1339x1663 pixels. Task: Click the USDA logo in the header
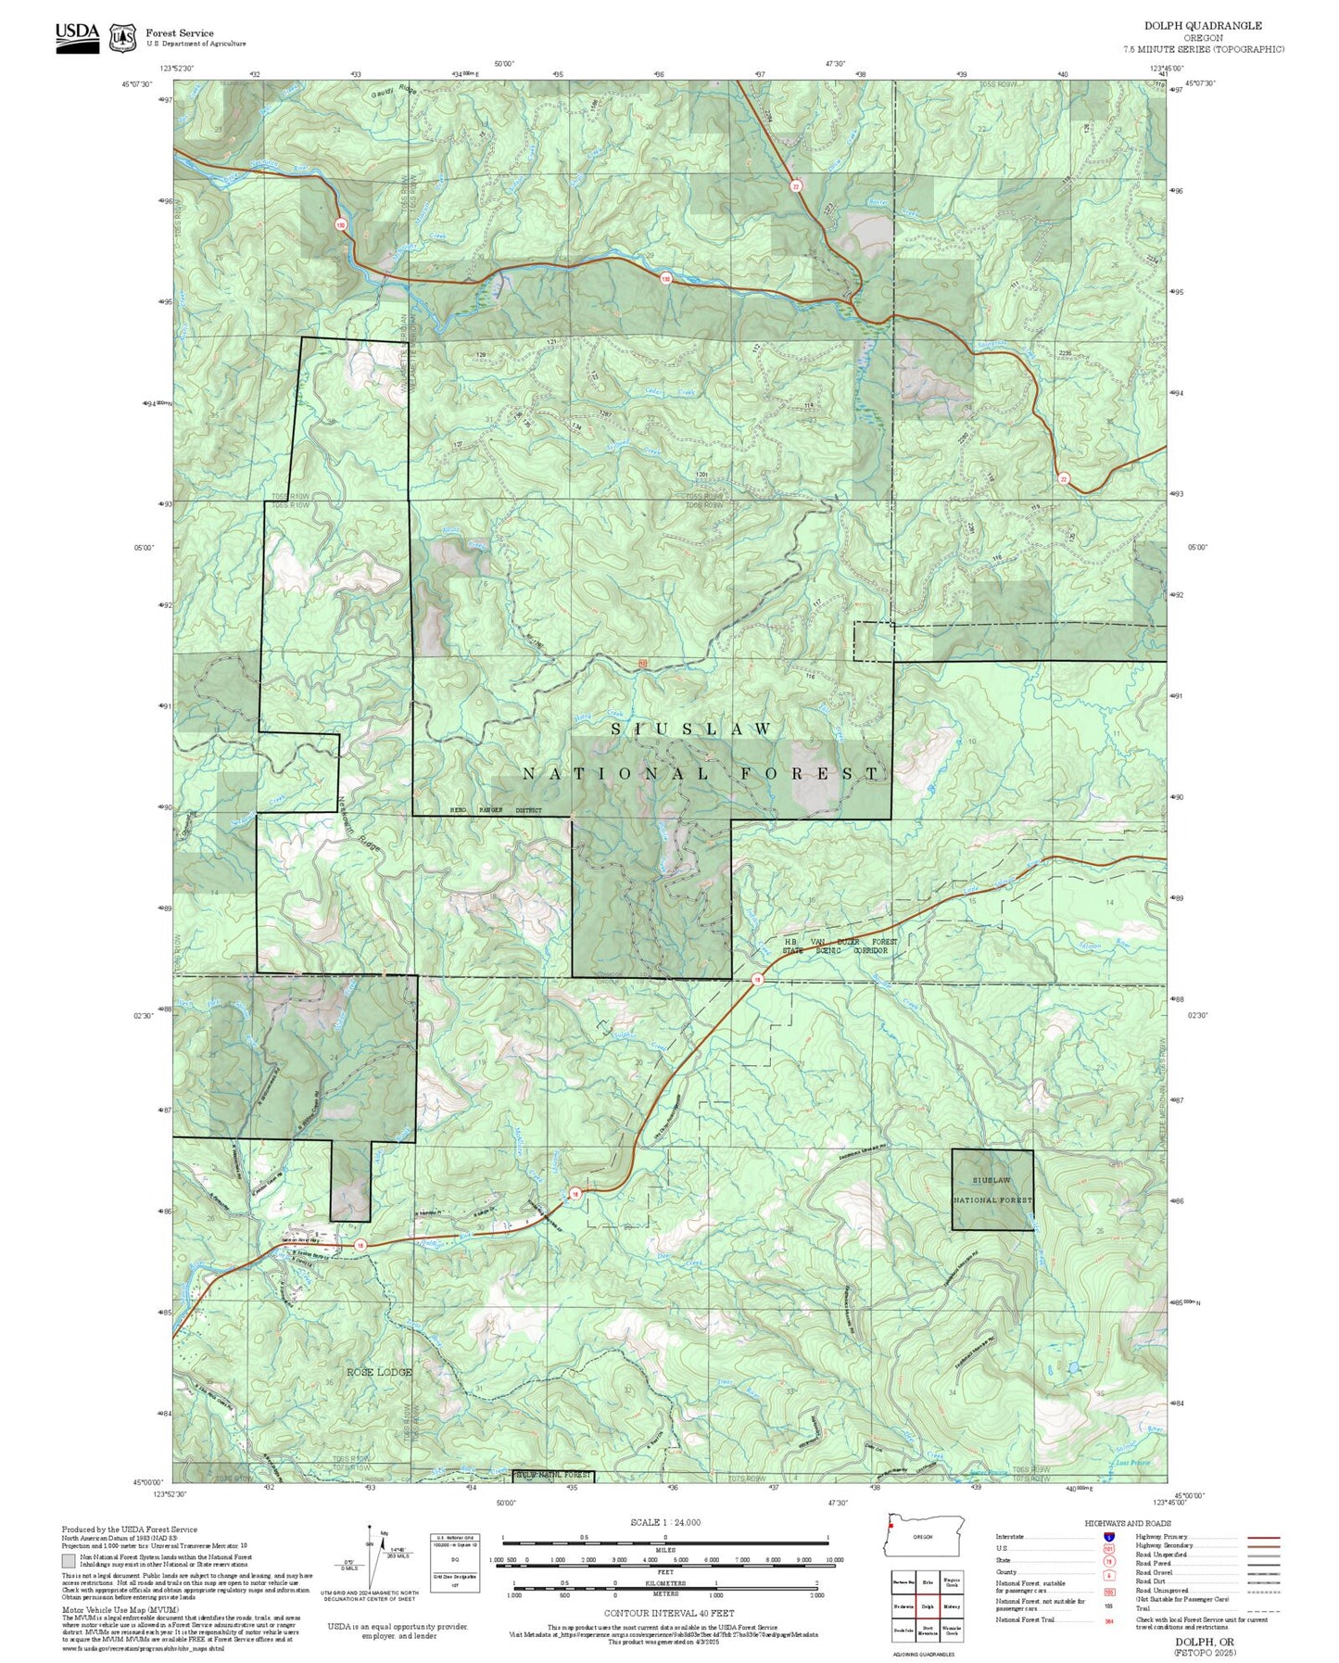coord(77,33)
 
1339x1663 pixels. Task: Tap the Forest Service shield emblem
coord(121,37)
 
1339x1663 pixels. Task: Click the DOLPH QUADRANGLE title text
coord(1203,26)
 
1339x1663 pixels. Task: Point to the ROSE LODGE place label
coord(379,1372)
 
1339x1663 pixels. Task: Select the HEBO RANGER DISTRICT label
coord(495,810)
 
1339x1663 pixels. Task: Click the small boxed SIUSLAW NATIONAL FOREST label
coord(992,1190)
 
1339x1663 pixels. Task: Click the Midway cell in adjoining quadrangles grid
coord(952,1606)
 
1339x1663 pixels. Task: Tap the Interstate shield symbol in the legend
coord(1108,1536)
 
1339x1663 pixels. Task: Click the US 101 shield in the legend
coord(1108,1548)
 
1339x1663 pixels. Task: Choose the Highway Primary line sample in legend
coord(1263,1537)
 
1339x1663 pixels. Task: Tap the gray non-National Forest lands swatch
coord(69,1560)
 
